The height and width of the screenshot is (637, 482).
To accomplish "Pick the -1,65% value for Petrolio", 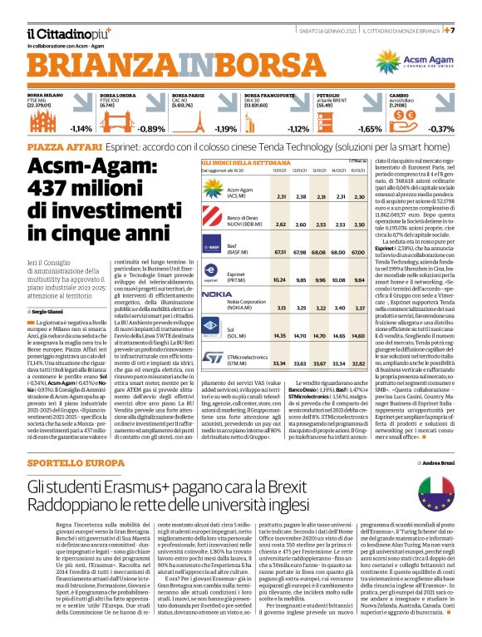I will click(x=369, y=129).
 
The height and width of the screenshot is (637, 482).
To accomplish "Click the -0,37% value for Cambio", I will click(x=440, y=129).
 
